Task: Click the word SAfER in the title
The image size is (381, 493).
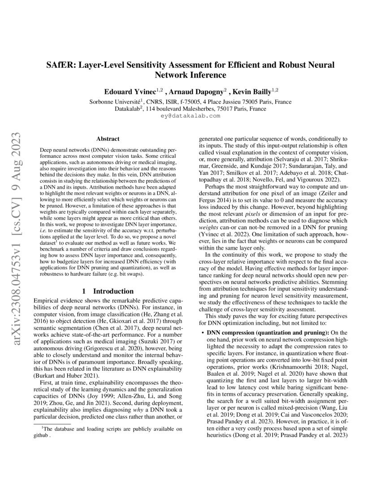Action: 61,65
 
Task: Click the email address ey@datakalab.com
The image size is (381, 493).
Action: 190,116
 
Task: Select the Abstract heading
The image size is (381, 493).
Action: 108,139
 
